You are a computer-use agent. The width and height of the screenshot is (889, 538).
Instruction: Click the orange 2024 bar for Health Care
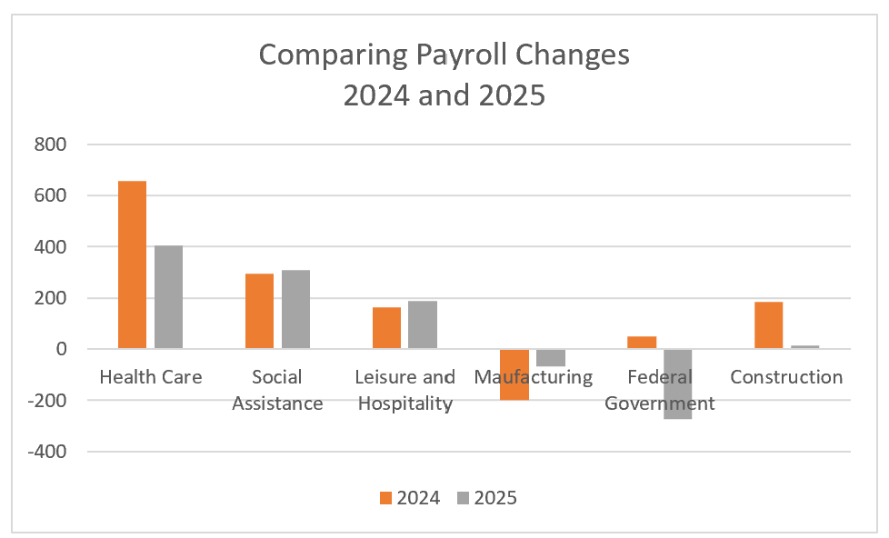[132, 264]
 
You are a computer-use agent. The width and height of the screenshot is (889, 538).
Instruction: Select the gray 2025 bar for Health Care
[168, 297]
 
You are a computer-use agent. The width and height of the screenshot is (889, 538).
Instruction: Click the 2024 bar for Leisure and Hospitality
[386, 328]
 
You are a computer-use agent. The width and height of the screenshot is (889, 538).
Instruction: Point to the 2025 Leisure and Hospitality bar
[423, 324]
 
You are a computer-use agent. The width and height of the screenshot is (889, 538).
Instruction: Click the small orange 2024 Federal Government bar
[642, 343]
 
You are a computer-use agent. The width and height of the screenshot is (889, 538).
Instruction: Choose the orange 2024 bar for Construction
[769, 325]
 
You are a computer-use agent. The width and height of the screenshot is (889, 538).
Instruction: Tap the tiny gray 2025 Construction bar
[805, 347]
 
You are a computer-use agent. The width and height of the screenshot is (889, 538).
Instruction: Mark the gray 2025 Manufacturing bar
[551, 357]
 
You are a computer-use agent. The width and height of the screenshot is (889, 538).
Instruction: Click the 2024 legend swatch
[385, 497]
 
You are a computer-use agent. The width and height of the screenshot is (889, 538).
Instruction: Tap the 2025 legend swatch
[463, 497]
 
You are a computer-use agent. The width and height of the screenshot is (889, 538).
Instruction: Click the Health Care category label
[150, 377]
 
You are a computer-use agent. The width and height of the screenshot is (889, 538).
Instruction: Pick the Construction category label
[786, 377]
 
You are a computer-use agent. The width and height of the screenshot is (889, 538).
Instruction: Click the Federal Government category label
[659, 391]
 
